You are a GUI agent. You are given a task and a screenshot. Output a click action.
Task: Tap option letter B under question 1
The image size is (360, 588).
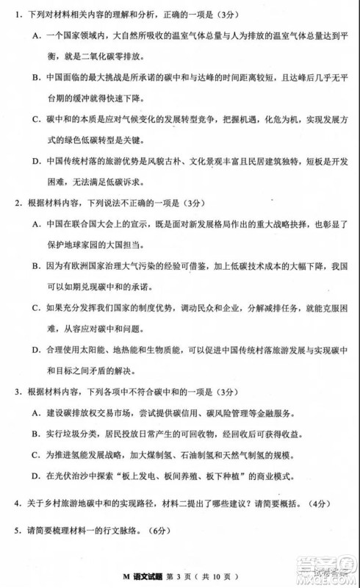point(36,77)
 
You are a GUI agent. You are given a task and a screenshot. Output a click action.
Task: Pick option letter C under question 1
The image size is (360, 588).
point(36,118)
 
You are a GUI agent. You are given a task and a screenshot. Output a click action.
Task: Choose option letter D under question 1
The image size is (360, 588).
point(36,160)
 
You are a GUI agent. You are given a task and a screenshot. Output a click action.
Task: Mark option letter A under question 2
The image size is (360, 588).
point(36,223)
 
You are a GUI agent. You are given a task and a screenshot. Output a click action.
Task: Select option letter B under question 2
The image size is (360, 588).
point(36,265)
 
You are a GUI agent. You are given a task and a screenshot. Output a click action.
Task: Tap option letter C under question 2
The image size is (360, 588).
point(36,307)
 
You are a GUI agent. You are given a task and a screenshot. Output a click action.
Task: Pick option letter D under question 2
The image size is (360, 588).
point(36,348)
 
